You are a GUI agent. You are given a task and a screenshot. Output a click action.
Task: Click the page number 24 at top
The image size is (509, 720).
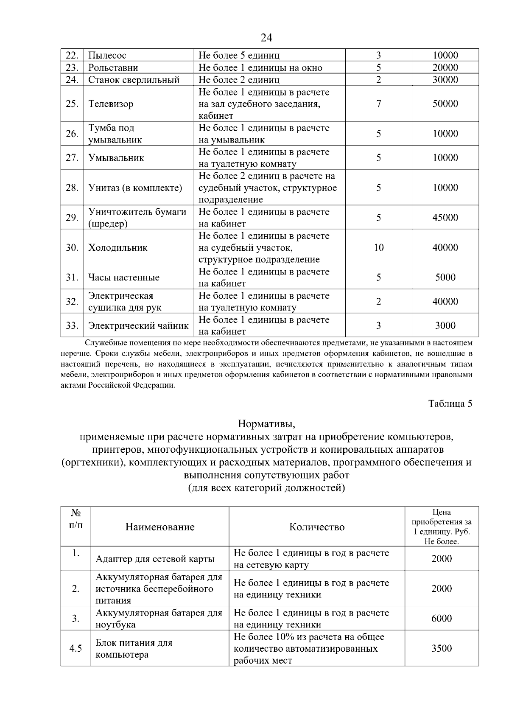click(266, 38)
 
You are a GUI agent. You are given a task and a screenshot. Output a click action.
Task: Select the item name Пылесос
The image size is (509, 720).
click(107, 55)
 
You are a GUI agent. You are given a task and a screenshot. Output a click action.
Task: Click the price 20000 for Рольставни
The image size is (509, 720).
click(445, 67)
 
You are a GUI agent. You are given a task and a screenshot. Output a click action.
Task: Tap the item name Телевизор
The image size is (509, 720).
click(111, 104)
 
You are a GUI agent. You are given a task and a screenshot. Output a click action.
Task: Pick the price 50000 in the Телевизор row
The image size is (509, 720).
click(445, 104)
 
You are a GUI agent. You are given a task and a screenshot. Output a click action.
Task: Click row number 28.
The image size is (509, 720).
click(72, 188)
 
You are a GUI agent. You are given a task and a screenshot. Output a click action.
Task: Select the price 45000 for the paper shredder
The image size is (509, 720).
click(445, 218)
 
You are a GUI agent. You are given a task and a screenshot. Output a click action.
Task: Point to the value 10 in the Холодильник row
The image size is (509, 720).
click(378, 247)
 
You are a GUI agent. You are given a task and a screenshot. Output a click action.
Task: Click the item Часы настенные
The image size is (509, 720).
click(123, 277)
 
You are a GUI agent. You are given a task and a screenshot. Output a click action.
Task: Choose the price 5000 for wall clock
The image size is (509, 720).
click(445, 277)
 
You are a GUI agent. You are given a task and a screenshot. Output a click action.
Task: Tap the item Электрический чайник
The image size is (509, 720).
click(138, 326)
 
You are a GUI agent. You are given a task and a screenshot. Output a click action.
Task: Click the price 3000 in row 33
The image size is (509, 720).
click(445, 326)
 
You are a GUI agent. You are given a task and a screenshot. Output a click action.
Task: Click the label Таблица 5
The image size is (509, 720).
click(450, 403)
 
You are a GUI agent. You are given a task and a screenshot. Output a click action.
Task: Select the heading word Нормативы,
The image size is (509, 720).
click(266, 424)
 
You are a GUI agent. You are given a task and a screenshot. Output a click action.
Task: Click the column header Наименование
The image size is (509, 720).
click(160, 527)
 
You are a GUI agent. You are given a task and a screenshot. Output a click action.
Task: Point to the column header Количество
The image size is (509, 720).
click(316, 527)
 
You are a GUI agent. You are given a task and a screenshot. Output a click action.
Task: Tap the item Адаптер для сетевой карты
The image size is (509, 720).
click(155, 559)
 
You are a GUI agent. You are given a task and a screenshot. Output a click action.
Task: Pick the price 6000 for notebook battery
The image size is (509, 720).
click(442, 619)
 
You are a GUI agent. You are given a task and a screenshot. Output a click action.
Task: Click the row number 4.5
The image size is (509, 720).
click(76, 648)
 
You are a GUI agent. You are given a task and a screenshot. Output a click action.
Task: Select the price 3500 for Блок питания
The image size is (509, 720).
click(442, 648)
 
